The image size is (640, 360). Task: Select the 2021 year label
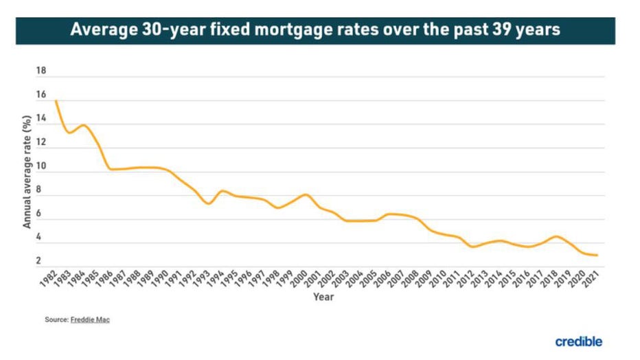(x=588, y=280)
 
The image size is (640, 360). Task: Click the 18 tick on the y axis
(x=41, y=71)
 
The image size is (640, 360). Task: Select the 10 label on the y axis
(x=41, y=166)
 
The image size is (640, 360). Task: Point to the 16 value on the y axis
(x=41, y=95)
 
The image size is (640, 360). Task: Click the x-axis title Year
(x=323, y=297)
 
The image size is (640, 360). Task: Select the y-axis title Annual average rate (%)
(x=27, y=172)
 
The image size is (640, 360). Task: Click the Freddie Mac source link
(x=90, y=320)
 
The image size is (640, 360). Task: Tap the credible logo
(x=579, y=341)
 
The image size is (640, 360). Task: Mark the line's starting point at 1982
(x=55, y=101)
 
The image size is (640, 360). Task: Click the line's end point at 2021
(x=597, y=256)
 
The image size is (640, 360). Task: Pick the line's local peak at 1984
(x=83, y=125)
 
